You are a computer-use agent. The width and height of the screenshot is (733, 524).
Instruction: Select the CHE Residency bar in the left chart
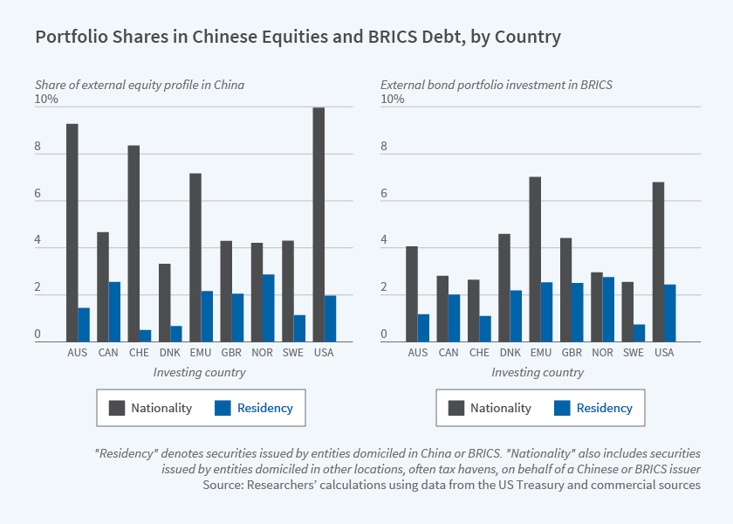(x=145, y=335)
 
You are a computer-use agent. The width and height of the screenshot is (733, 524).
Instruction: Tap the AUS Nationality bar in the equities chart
(x=72, y=232)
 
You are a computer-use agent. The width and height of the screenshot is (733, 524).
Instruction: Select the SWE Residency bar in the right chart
(x=640, y=333)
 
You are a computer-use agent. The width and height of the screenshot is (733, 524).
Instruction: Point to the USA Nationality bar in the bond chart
(x=658, y=262)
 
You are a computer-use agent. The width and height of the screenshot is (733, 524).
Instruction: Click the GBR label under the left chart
(x=231, y=353)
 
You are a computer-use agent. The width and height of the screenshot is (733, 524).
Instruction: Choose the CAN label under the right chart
(x=449, y=353)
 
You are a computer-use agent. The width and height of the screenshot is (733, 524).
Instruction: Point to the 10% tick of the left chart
(x=46, y=99)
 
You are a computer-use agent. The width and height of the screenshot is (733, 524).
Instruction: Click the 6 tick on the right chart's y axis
(x=384, y=193)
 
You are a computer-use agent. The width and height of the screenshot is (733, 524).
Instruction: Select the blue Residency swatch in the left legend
(x=221, y=408)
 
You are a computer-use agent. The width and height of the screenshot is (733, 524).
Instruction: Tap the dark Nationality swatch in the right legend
(x=455, y=408)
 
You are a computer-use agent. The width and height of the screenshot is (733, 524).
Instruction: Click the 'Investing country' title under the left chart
(x=199, y=372)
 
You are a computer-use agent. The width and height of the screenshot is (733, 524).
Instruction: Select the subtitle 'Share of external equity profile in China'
(x=139, y=85)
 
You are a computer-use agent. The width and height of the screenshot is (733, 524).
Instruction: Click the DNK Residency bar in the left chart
(x=175, y=333)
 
